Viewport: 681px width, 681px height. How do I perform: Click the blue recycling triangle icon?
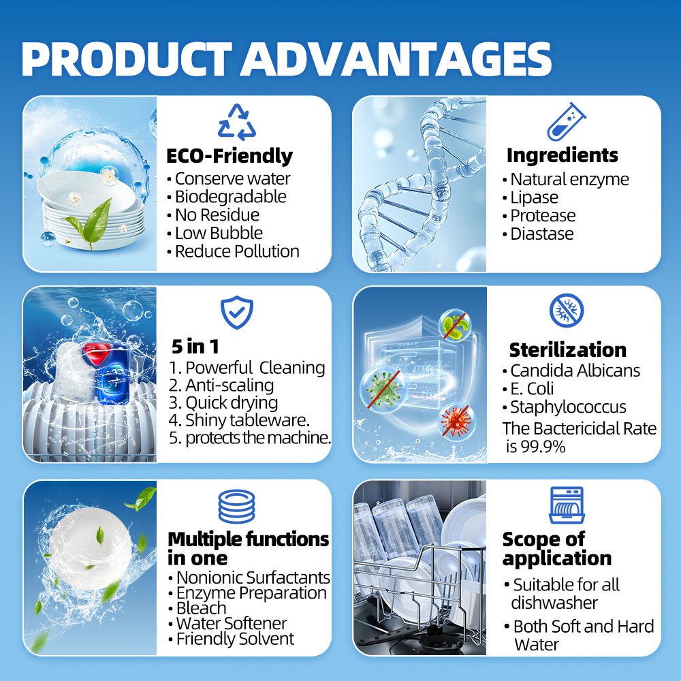point(236,122)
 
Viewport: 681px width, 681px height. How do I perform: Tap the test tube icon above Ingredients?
point(567,122)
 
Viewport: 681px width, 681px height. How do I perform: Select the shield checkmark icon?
point(236,313)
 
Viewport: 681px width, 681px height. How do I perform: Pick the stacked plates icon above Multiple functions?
point(236,506)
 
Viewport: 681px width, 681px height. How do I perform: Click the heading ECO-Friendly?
point(229,156)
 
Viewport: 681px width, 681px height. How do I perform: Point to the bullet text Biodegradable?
point(230,197)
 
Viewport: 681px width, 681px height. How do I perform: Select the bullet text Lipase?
point(534,197)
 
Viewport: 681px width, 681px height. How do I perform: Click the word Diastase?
point(541,234)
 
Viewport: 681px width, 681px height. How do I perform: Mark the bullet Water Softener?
point(231,623)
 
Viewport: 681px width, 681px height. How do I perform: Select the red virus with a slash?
point(455,420)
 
